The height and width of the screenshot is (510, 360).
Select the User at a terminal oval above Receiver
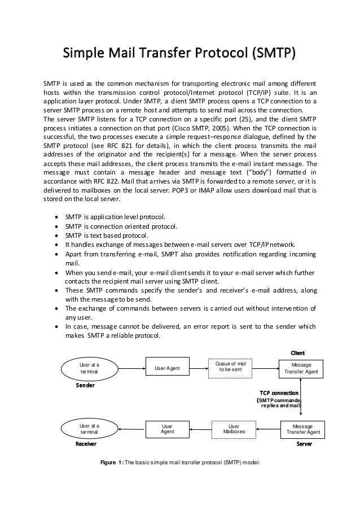90,429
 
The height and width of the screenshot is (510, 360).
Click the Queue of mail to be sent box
232,367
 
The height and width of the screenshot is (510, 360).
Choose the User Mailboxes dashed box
233,430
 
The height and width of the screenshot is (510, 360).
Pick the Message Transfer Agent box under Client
304,368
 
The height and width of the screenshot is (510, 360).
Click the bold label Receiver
86,445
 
